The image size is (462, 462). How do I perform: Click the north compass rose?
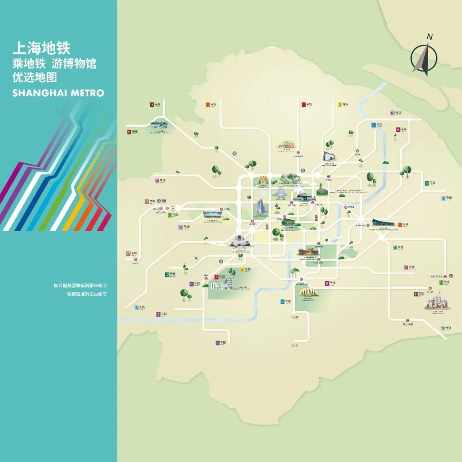(x=424, y=56)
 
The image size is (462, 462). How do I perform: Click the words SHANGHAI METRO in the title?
(x=58, y=93)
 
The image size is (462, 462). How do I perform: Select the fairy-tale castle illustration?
(x=437, y=299)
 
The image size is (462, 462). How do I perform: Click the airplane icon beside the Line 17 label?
(x=159, y=201)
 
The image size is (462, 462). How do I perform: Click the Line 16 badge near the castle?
(x=443, y=328)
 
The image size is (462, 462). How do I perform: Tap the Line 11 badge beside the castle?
(x=416, y=294)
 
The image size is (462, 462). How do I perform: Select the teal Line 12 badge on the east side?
(x=427, y=183)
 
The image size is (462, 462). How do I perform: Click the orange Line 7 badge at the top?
(x=208, y=104)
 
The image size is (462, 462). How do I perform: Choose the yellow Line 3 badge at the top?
(x=340, y=104)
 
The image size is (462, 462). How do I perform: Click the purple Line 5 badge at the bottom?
(x=217, y=343)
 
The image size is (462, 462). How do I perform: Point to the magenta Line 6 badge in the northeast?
(x=398, y=129)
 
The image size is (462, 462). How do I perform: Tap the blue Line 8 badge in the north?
(x=373, y=125)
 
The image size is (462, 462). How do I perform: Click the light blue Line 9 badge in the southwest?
(x=137, y=307)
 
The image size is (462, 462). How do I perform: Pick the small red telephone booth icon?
(x=316, y=218)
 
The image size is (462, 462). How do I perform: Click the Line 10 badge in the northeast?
(x=392, y=113)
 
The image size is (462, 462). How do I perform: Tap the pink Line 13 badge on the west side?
(x=157, y=181)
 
